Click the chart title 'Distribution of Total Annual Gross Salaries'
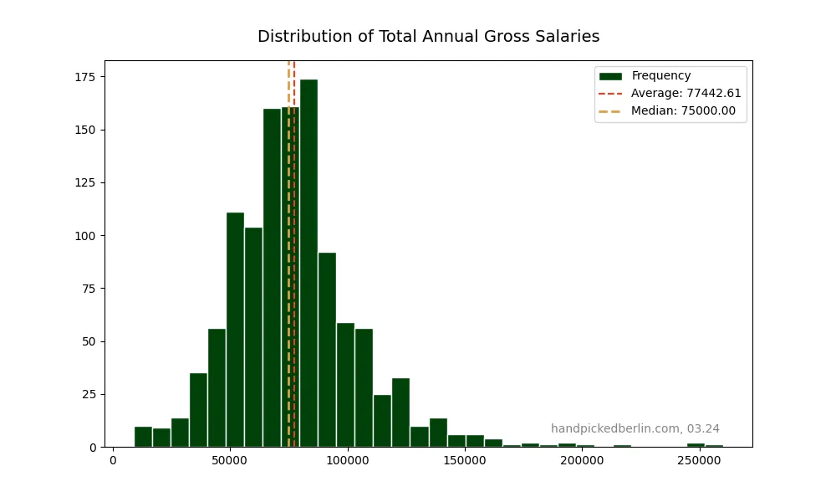428,37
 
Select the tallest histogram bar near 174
308,264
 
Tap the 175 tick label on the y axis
86,77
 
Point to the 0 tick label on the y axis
92,448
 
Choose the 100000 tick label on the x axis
348,459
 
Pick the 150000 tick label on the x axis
465,459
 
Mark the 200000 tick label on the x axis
582,459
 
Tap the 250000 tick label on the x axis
699,459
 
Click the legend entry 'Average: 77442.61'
686,94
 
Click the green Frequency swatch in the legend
610,76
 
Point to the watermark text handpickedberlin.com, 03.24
635,428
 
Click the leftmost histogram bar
143,437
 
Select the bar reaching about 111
235,330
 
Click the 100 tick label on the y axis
86,236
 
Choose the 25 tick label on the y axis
89,394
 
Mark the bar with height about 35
198,410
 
